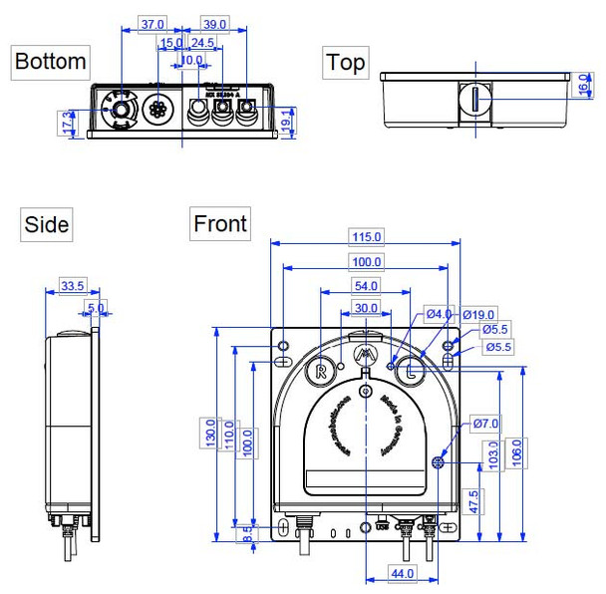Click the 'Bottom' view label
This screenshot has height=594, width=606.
point(50,62)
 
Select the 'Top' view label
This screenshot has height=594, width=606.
point(345,63)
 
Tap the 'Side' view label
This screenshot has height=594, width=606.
point(46,225)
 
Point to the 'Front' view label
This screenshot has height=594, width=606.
point(220,223)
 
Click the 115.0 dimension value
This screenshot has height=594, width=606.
point(366,236)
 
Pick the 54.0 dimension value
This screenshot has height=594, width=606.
point(366,286)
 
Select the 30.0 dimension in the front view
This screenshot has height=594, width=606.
point(366,308)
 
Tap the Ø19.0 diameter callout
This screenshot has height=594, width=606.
point(476,315)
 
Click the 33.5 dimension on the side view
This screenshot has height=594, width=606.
point(72,286)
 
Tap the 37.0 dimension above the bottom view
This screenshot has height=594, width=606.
point(151,23)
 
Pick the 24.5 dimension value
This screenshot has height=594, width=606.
point(202,43)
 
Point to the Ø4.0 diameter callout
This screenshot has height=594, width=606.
point(439,314)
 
